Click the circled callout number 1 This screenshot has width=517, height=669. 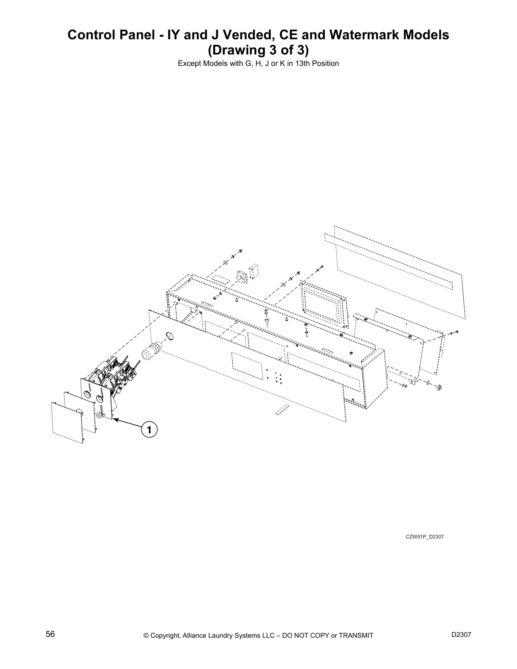coord(149,430)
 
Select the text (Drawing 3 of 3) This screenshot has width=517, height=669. coord(258,50)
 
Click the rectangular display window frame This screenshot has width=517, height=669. coord(324,303)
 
